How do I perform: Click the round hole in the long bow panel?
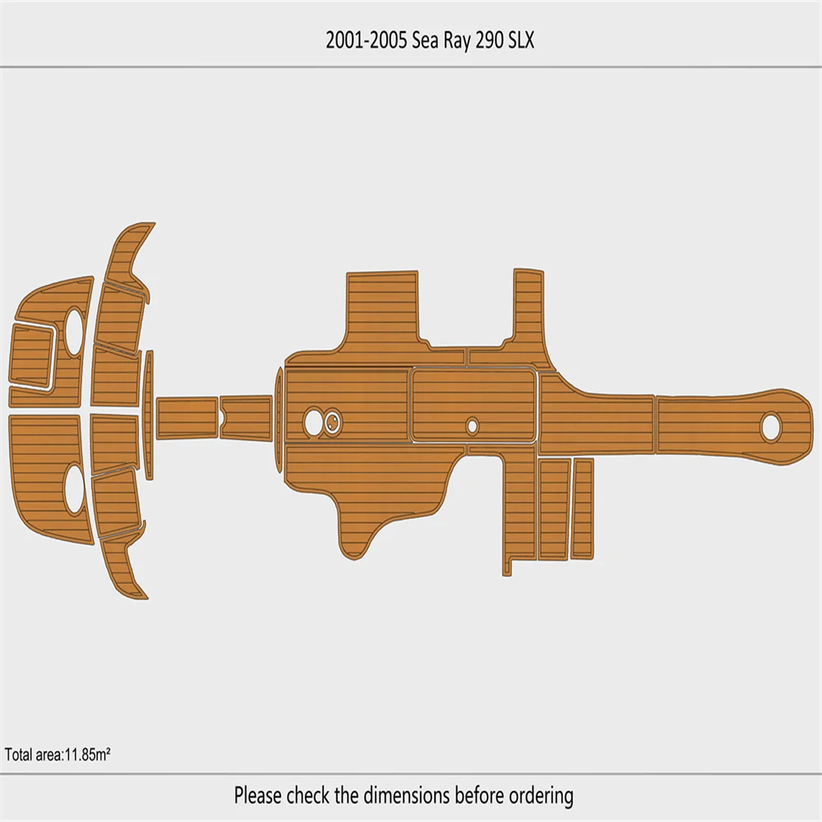click(770, 427)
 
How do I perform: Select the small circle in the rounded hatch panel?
click(472, 426)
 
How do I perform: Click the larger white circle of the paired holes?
click(313, 422)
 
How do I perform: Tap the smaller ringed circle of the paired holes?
click(333, 423)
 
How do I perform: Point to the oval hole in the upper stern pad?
click(74, 331)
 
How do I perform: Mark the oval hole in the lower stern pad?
click(74, 489)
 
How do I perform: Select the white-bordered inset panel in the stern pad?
click(31, 357)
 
